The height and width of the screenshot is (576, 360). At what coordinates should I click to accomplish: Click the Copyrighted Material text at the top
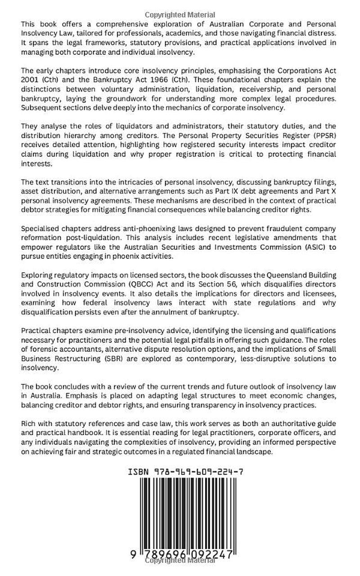pyautogui.click(x=180, y=15)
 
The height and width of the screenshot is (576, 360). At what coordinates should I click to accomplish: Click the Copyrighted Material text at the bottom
pyautogui.click(x=180, y=561)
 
